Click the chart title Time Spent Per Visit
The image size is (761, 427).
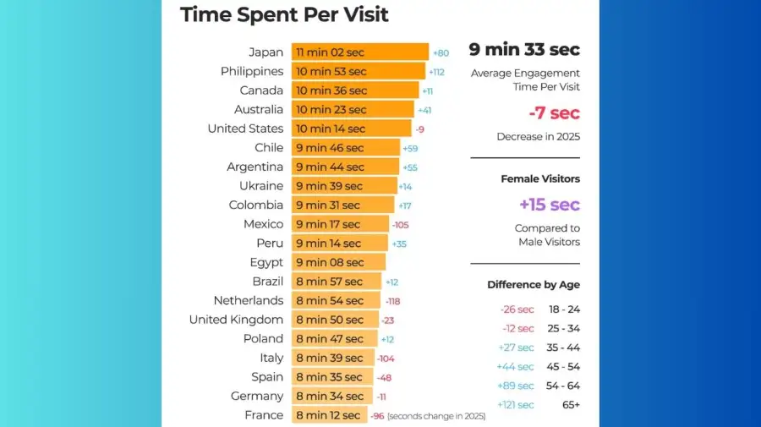coord(284,14)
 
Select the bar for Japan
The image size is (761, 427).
coord(360,52)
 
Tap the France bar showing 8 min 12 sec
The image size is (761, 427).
coord(330,415)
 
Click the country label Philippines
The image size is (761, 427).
coord(252,72)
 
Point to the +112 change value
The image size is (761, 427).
coord(436,72)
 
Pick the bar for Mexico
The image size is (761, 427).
coord(340,224)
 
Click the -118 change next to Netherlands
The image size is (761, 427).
coord(393,301)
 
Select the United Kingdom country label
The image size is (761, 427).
coord(236,320)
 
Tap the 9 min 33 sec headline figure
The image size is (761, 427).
coord(524,50)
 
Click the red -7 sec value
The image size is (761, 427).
coord(554,113)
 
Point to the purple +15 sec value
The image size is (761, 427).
coord(549,205)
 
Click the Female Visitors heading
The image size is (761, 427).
coord(540,179)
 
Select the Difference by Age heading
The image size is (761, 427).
coord(534,285)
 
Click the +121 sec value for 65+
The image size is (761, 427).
coord(516,405)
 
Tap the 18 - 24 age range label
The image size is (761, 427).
coord(564,309)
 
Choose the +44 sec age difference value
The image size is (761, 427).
coord(516,367)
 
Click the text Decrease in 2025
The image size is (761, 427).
coord(538,137)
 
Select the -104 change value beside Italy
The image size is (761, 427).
coord(386,359)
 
